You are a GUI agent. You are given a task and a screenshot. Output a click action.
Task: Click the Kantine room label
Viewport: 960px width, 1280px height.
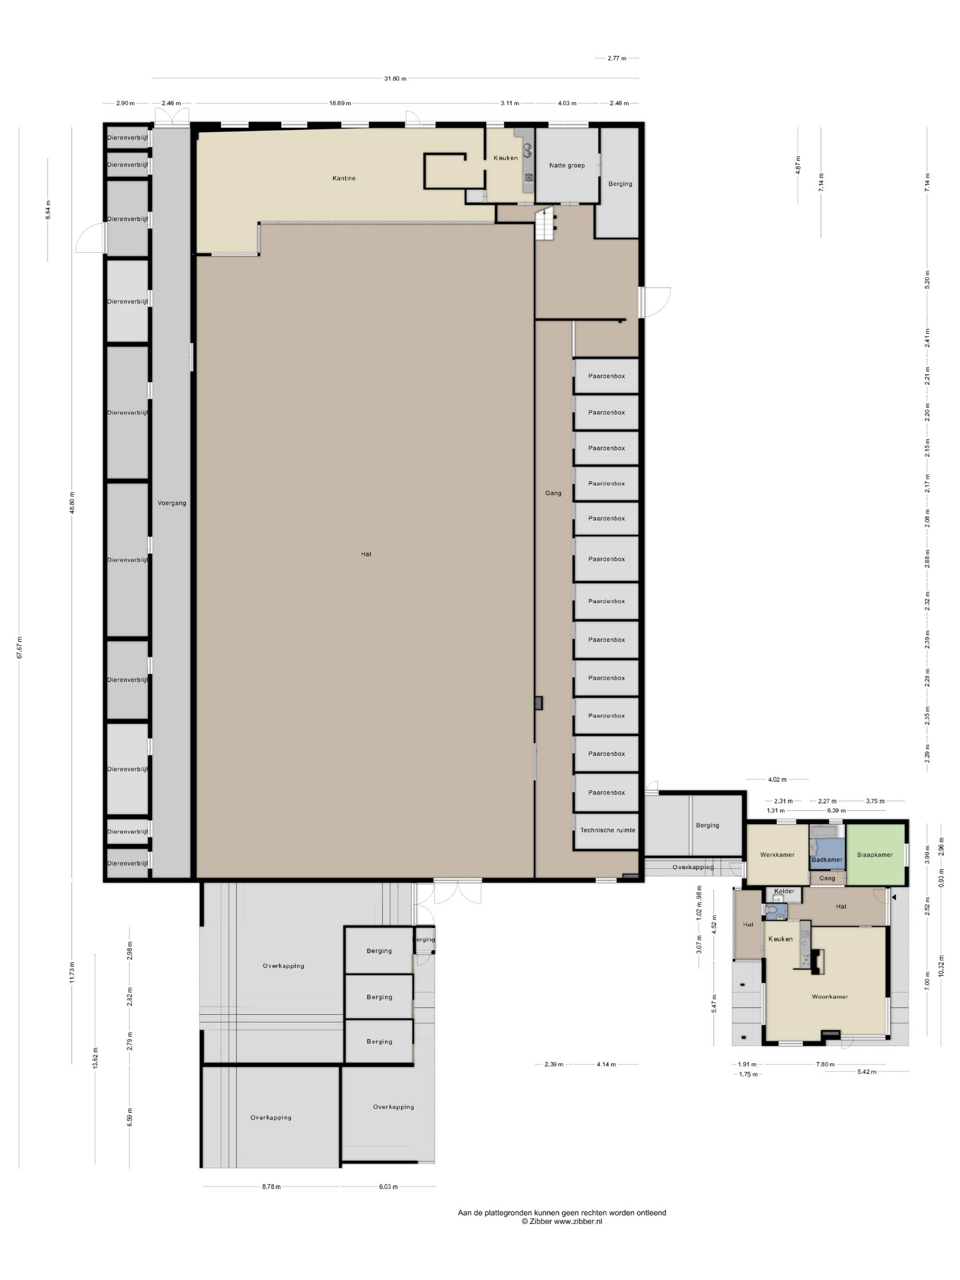click(x=344, y=178)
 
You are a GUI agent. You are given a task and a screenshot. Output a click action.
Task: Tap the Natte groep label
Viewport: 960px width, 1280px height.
click(x=566, y=165)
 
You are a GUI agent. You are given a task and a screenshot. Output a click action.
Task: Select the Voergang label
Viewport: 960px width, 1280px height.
click(x=172, y=503)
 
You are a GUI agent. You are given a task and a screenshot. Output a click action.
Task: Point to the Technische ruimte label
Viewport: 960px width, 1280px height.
click(x=608, y=830)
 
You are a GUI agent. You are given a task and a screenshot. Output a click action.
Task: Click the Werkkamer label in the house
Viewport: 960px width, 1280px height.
click(x=777, y=855)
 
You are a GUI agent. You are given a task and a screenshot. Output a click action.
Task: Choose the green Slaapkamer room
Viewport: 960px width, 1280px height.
click(x=875, y=854)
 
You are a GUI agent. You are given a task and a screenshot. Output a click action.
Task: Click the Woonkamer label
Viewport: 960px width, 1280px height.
click(x=830, y=997)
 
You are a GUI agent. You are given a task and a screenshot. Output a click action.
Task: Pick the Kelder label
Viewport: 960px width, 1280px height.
click(x=784, y=891)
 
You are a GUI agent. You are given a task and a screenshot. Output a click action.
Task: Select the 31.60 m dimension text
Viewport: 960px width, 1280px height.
click(x=395, y=79)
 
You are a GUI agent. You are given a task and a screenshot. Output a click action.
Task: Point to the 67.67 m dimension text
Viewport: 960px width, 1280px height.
click(x=19, y=647)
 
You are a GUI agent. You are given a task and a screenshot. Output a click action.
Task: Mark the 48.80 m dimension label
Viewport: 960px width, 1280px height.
click(x=72, y=502)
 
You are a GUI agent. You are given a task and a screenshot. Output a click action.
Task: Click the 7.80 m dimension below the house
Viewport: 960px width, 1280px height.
click(x=825, y=1080)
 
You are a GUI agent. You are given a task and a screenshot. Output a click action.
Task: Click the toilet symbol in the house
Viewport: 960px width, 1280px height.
click(x=771, y=911)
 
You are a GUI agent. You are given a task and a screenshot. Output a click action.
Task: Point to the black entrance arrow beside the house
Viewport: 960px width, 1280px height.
click(x=894, y=897)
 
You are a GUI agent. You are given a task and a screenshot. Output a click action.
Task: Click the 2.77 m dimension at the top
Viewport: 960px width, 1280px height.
click(x=617, y=59)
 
